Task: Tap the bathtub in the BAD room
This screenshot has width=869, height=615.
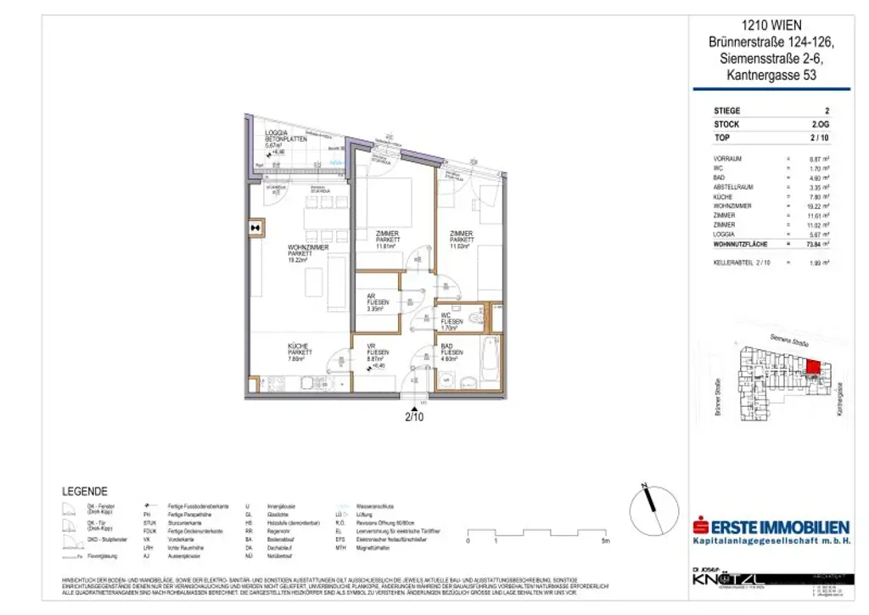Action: click(x=491, y=364)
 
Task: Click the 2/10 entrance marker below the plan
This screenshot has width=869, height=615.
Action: click(x=413, y=416)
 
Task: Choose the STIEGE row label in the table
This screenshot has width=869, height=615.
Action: click(x=727, y=110)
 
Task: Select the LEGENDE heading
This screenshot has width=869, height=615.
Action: click(x=85, y=491)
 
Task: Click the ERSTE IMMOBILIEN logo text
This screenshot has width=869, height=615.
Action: click(x=772, y=526)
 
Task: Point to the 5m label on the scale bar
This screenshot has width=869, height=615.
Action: click(x=605, y=540)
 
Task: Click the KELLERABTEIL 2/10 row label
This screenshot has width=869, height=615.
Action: click(x=741, y=262)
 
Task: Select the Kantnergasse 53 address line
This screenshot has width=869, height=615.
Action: click(x=776, y=76)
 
